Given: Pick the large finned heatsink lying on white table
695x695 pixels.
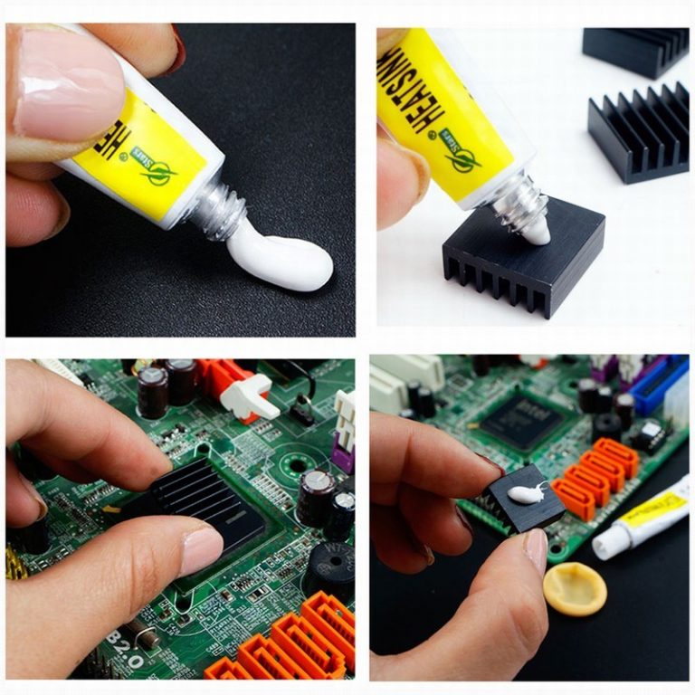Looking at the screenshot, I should [637, 131].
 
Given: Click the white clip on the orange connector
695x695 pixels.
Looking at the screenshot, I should [248, 398].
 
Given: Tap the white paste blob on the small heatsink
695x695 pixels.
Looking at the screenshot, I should [523, 494].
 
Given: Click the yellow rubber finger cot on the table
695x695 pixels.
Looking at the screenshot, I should [575, 588].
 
